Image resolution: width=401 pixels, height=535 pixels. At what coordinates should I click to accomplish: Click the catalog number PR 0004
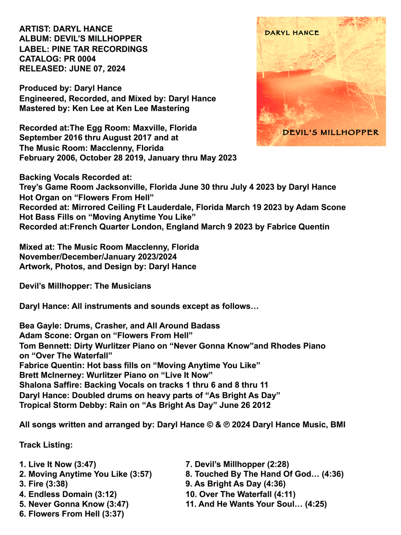(80, 59)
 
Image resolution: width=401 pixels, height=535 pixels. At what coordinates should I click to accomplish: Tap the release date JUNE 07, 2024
(97, 69)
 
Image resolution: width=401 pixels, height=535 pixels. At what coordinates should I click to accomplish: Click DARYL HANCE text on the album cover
(292, 33)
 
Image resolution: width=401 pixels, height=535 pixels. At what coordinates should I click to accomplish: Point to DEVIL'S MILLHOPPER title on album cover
(330, 132)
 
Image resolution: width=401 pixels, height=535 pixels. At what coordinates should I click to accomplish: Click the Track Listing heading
(46, 445)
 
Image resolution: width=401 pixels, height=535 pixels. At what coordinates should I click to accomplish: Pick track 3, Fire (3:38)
(44, 484)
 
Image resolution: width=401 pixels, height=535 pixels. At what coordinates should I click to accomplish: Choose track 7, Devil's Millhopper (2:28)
(237, 464)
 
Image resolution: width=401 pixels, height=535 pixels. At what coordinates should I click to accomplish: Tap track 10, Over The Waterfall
(240, 494)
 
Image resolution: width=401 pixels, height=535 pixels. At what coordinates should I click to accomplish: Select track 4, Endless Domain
(68, 494)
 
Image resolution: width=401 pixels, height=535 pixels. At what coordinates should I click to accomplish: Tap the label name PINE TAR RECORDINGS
(100, 49)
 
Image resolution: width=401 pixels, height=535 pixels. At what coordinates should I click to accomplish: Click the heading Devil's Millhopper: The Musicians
(85, 286)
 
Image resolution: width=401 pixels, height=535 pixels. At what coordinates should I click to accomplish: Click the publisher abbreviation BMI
(338, 425)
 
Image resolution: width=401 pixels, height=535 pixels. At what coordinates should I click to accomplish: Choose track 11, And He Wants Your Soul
(256, 504)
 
